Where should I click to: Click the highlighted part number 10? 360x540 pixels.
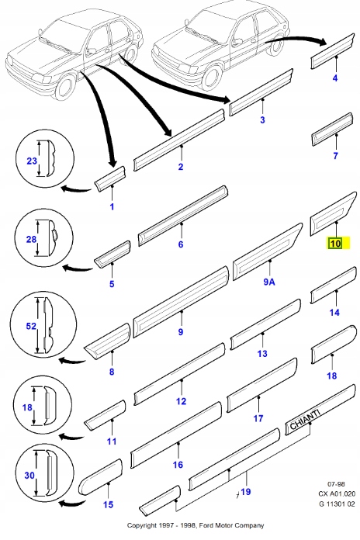[x=335, y=244]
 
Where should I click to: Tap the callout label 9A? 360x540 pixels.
[x=269, y=282]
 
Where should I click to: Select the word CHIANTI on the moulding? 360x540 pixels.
[x=304, y=420]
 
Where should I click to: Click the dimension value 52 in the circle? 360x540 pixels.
[x=31, y=326]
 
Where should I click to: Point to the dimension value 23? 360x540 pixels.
[x=32, y=161]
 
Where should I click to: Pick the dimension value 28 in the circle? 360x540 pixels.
[x=31, y=239]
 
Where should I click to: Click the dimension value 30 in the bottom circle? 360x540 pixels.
[x=29, y=476]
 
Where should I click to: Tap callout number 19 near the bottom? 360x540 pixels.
[x=246, y=492]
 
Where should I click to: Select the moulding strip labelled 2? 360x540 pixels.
[x=179, y=140]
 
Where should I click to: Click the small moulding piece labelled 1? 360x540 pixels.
[x=110, y=178]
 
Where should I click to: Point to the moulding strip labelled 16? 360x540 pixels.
[x=176, y=435]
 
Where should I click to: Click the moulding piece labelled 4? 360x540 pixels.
[x=333, y=51]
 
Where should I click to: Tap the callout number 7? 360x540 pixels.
[x=335, y=156]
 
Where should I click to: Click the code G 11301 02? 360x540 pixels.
[x=337, y=504]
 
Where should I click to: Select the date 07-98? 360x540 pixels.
[x=336, y=484]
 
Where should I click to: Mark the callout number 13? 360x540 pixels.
[x=262, y=354]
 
